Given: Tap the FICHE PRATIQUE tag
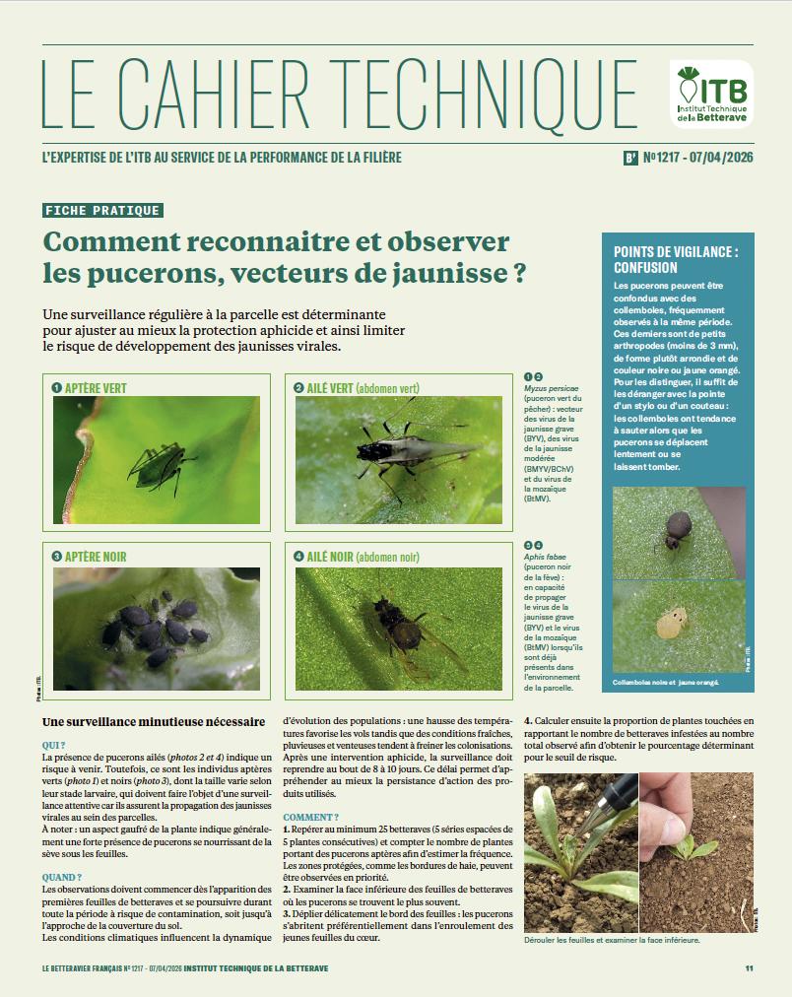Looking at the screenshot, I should (x=102, y=210).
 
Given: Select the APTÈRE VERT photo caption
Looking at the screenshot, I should (x=95, y=388).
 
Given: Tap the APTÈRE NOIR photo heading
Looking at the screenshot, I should (x=95, y=557).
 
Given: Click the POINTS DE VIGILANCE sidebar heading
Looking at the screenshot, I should (x=676, y=259).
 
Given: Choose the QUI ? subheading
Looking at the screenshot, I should (x=54, y=746).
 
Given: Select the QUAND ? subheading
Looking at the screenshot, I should (x=62, y=877).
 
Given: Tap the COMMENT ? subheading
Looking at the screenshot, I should (x=310, y=817).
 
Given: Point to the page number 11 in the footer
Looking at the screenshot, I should (x=749, y=968).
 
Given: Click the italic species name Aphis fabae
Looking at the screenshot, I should (x=542, y=557).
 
